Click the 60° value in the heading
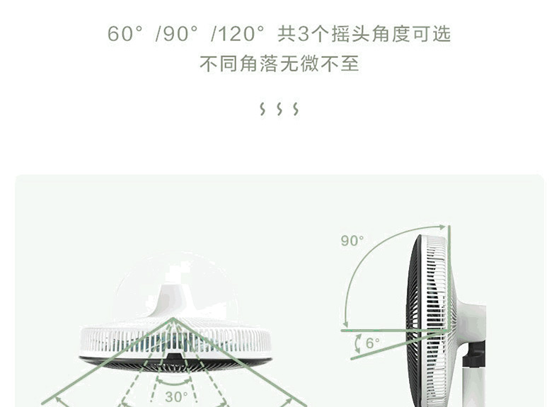point(125,34)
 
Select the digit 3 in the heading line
point(304,34)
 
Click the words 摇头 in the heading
point(342,34)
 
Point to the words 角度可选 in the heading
point(412,34)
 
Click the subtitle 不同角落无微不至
point(279,64)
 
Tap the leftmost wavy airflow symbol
point(263,109)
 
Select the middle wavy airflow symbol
point(279,109)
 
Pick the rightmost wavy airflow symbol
point(296,109)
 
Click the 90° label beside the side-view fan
point(352,241)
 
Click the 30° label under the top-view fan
point(176,397)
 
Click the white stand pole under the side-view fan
point(473,386)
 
